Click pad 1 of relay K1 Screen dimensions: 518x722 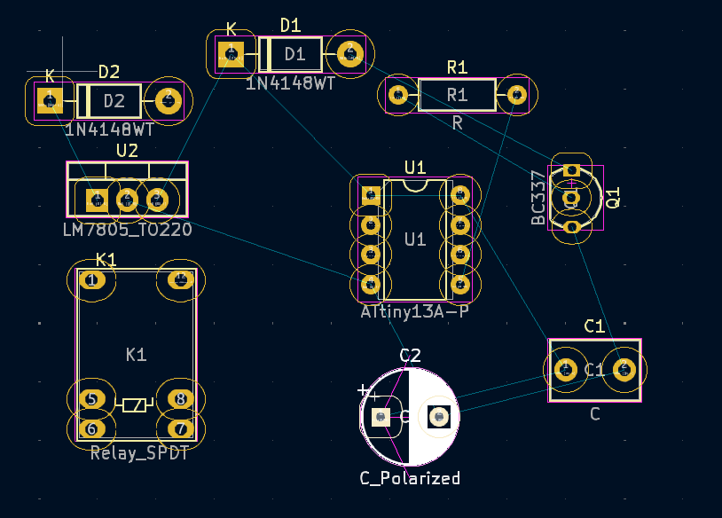[x=91, y=281]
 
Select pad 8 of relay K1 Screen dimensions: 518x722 [x=181, y=399]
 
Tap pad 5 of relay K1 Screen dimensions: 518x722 [x=91, y=399]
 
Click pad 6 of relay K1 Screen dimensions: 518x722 [x=91, y=429]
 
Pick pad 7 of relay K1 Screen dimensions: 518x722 [x=181, y=429]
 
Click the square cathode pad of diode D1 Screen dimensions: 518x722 [x=232, y=54]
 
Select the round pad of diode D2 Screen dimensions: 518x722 [x=168, y=100]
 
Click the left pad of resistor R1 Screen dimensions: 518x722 [x=398, y=94]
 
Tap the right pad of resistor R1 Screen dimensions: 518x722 [x=515, y=94]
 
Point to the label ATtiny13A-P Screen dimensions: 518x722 [x=414, y=312]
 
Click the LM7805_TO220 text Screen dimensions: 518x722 [x=128, y=229]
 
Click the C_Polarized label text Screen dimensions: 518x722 [x=410, y=478]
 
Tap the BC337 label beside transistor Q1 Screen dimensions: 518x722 [x=538, y=198]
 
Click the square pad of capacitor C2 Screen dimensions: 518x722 [x=381, y=417]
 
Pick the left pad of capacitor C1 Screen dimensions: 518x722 [x=565, y=369]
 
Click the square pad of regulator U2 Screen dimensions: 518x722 [x=97, y=200]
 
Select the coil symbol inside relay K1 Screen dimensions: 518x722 [x=135, y=405]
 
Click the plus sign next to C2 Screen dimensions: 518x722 [x=363, y=390]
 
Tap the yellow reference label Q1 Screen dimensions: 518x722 [x=612, y=197]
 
